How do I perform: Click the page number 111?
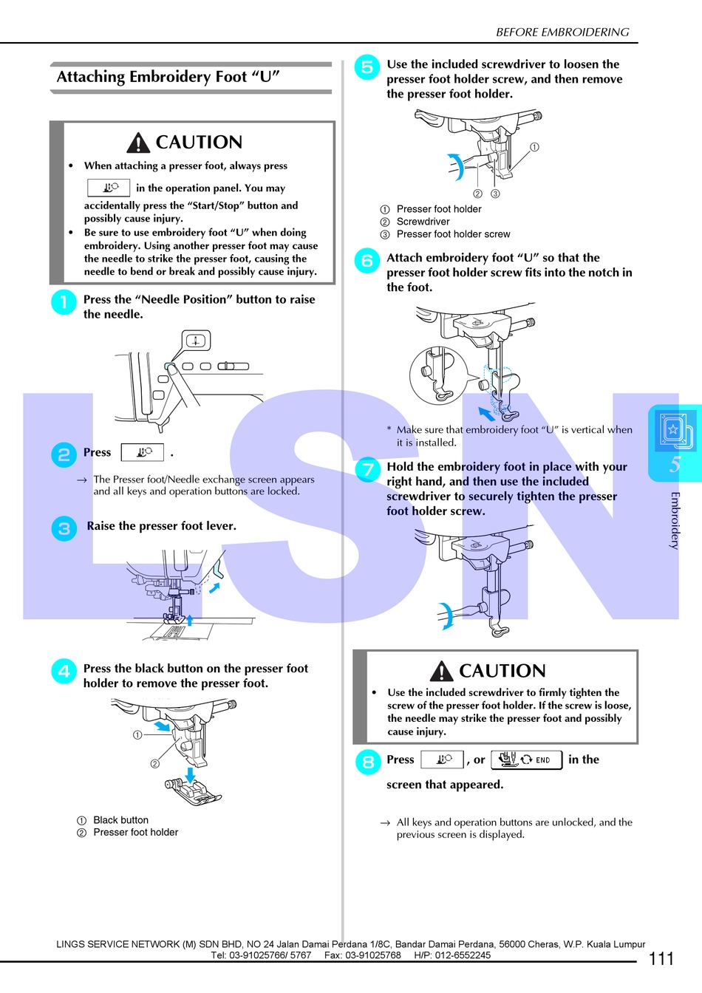661,958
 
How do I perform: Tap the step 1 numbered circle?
64,301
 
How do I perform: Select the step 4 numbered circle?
64,671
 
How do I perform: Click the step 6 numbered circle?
367,260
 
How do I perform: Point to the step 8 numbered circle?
367,761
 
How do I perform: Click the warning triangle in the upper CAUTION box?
138,143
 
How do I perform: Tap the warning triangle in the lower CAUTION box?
441,671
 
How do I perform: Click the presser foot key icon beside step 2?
142,452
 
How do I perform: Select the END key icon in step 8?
526,760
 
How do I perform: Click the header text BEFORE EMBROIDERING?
562,32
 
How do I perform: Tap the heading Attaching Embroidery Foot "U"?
168,77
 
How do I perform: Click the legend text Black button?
120,820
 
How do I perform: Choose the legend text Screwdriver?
423,222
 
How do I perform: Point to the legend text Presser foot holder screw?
453,234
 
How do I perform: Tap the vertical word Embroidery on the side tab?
674,520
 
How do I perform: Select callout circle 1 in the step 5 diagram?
534,147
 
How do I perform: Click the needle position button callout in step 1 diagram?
196,341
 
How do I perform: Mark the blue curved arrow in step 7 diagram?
446,615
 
